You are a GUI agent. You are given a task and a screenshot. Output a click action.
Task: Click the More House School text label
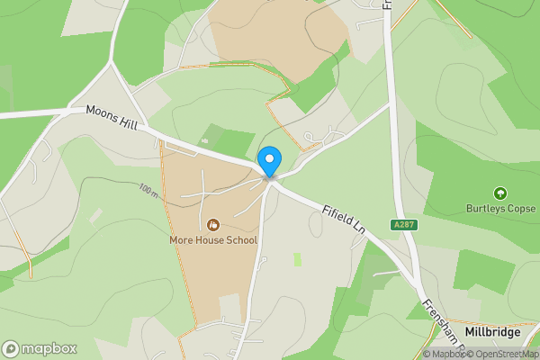tap(213, 240)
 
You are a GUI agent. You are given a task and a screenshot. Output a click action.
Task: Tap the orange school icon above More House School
tap(213, 224)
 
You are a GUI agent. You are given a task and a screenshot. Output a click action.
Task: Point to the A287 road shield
tap(404, 224)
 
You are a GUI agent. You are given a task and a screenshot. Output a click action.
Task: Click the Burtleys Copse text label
tap(500, 207)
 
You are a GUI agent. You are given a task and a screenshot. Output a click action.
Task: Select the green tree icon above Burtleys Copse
tap(500, 192)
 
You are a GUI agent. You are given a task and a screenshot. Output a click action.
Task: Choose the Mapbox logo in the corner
tap(40, 348)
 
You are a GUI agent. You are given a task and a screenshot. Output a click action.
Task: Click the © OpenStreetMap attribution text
tap(502, 354)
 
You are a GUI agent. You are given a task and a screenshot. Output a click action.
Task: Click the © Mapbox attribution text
tap(444, 354)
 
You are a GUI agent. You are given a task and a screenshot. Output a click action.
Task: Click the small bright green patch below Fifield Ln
tap(298, 259)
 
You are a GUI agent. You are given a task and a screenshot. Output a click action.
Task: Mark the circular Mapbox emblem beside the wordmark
tap(11, 348)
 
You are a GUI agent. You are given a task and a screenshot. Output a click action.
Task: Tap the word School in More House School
tap(239, 240)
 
